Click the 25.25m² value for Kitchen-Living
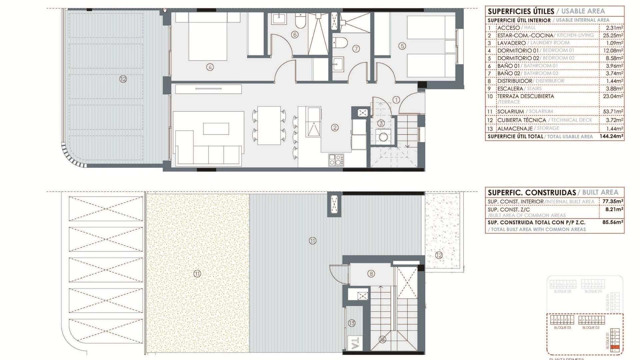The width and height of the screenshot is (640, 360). click(x=613, y=35)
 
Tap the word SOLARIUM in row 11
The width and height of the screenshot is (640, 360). click(x=510, y=111)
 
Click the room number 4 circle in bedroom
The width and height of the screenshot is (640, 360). click(x=210, y=67)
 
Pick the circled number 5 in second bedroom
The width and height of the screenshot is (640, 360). click(x=402, y=46)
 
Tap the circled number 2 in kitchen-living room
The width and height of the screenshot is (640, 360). click(x=335, y=127)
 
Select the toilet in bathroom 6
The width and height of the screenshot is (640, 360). click(x=300, y=22)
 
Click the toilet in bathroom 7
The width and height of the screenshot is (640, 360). click(x=340, y=42)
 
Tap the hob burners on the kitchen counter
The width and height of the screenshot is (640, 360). click(x=336, y=160)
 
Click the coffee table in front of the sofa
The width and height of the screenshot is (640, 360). click(x=216, y=129)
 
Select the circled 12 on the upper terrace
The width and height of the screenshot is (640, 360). click(x=123, y=79)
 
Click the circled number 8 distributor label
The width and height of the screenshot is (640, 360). click(x=371, y=274)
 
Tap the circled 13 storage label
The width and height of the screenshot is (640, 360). click(x=352, y=323)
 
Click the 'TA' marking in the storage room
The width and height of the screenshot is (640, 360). click(x=355, y=343)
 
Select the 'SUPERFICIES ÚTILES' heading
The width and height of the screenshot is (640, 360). click(x=521, y=11)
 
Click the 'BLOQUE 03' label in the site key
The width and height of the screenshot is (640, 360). click(x=562, y=328)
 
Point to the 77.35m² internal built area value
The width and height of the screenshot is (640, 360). click(x=613, y=201)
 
